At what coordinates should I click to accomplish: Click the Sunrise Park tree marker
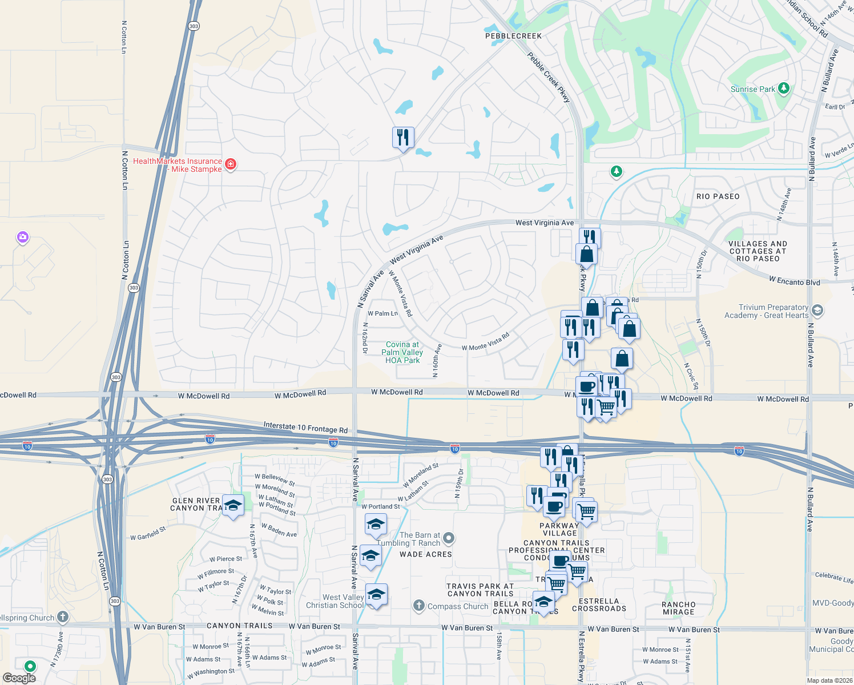(x=784, y=88)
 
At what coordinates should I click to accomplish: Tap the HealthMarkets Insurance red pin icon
(x=231, y=164)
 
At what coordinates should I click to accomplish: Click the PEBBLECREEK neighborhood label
(x=513, y=36)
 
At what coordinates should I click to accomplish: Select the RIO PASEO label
(x=718, y=196)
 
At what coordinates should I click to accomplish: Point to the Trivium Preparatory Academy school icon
(x=817, y=311)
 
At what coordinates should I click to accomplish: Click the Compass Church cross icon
(x=419, y=606)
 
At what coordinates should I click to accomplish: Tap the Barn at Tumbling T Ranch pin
(x=449, y=538)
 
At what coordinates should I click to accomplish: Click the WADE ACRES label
(x=425, y=554)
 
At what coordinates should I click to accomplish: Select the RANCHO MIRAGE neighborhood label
(x=678, y=608)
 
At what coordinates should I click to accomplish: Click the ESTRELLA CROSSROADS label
(x=599, y=605)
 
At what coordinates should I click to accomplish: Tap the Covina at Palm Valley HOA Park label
(x=402, y=352)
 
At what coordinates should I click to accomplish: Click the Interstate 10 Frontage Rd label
(x=305, y=428)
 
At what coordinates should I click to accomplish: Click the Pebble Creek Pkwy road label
(x=549, y=78)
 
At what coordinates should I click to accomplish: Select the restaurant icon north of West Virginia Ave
(x=403, y=137)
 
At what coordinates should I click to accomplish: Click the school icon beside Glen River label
(x=233, y=505)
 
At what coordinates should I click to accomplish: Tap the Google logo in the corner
(x=19, y=678)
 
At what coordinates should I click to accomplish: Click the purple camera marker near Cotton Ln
(x=23, y=237)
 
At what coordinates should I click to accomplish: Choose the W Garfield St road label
(x=148, y=534)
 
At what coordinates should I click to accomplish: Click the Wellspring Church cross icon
(x=63, y=617)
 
